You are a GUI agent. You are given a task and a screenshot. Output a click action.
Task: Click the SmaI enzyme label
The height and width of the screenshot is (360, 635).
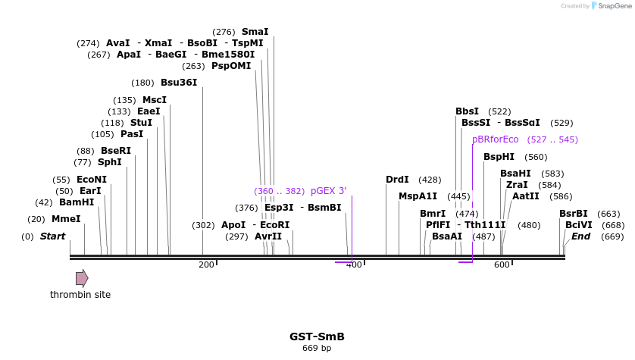tap(255, 32)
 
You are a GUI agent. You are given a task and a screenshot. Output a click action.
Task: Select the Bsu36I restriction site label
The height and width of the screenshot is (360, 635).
tap(179, 83)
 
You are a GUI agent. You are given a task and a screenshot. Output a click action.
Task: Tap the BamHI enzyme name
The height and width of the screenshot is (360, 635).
tap(77, 202)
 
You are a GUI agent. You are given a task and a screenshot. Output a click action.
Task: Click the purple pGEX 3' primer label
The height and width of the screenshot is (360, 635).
tap(328, 191)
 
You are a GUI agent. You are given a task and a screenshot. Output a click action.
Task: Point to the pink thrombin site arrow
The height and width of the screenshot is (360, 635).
tap(82, 278)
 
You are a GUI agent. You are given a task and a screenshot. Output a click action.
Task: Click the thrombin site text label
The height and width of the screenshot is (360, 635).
tap(80, 294)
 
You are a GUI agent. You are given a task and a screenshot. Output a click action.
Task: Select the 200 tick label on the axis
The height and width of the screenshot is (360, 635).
tap(206, 265)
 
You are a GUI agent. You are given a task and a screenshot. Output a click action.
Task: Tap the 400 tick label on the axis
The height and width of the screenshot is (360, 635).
tap(354, 265)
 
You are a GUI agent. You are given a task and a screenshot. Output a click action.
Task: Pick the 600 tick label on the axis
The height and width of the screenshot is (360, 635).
tap(502, 265)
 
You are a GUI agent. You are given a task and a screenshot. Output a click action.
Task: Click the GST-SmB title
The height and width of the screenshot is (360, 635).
tap(317, 337)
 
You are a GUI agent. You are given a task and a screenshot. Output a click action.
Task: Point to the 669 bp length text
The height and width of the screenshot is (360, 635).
tap(317, 349)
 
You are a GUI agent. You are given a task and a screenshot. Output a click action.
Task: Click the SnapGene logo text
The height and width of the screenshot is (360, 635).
tap(614, 6)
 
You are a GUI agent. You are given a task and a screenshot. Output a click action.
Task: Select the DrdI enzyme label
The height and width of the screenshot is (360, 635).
tap(397, 180)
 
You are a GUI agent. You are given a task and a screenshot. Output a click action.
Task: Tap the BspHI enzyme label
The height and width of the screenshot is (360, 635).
tap(499, 157)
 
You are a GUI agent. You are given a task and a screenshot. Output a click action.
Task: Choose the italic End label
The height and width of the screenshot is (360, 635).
tap(580, 236)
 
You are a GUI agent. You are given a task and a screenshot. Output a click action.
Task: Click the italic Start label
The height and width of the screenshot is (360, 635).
tap(52, 236)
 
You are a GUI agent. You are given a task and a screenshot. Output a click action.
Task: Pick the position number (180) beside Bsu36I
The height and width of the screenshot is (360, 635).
tap(142, 83)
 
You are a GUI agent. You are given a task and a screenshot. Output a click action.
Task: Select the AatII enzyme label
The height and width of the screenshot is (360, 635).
tap(526, 196)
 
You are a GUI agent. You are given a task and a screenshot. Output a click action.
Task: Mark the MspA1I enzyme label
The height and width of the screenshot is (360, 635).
tap(418, 196)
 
